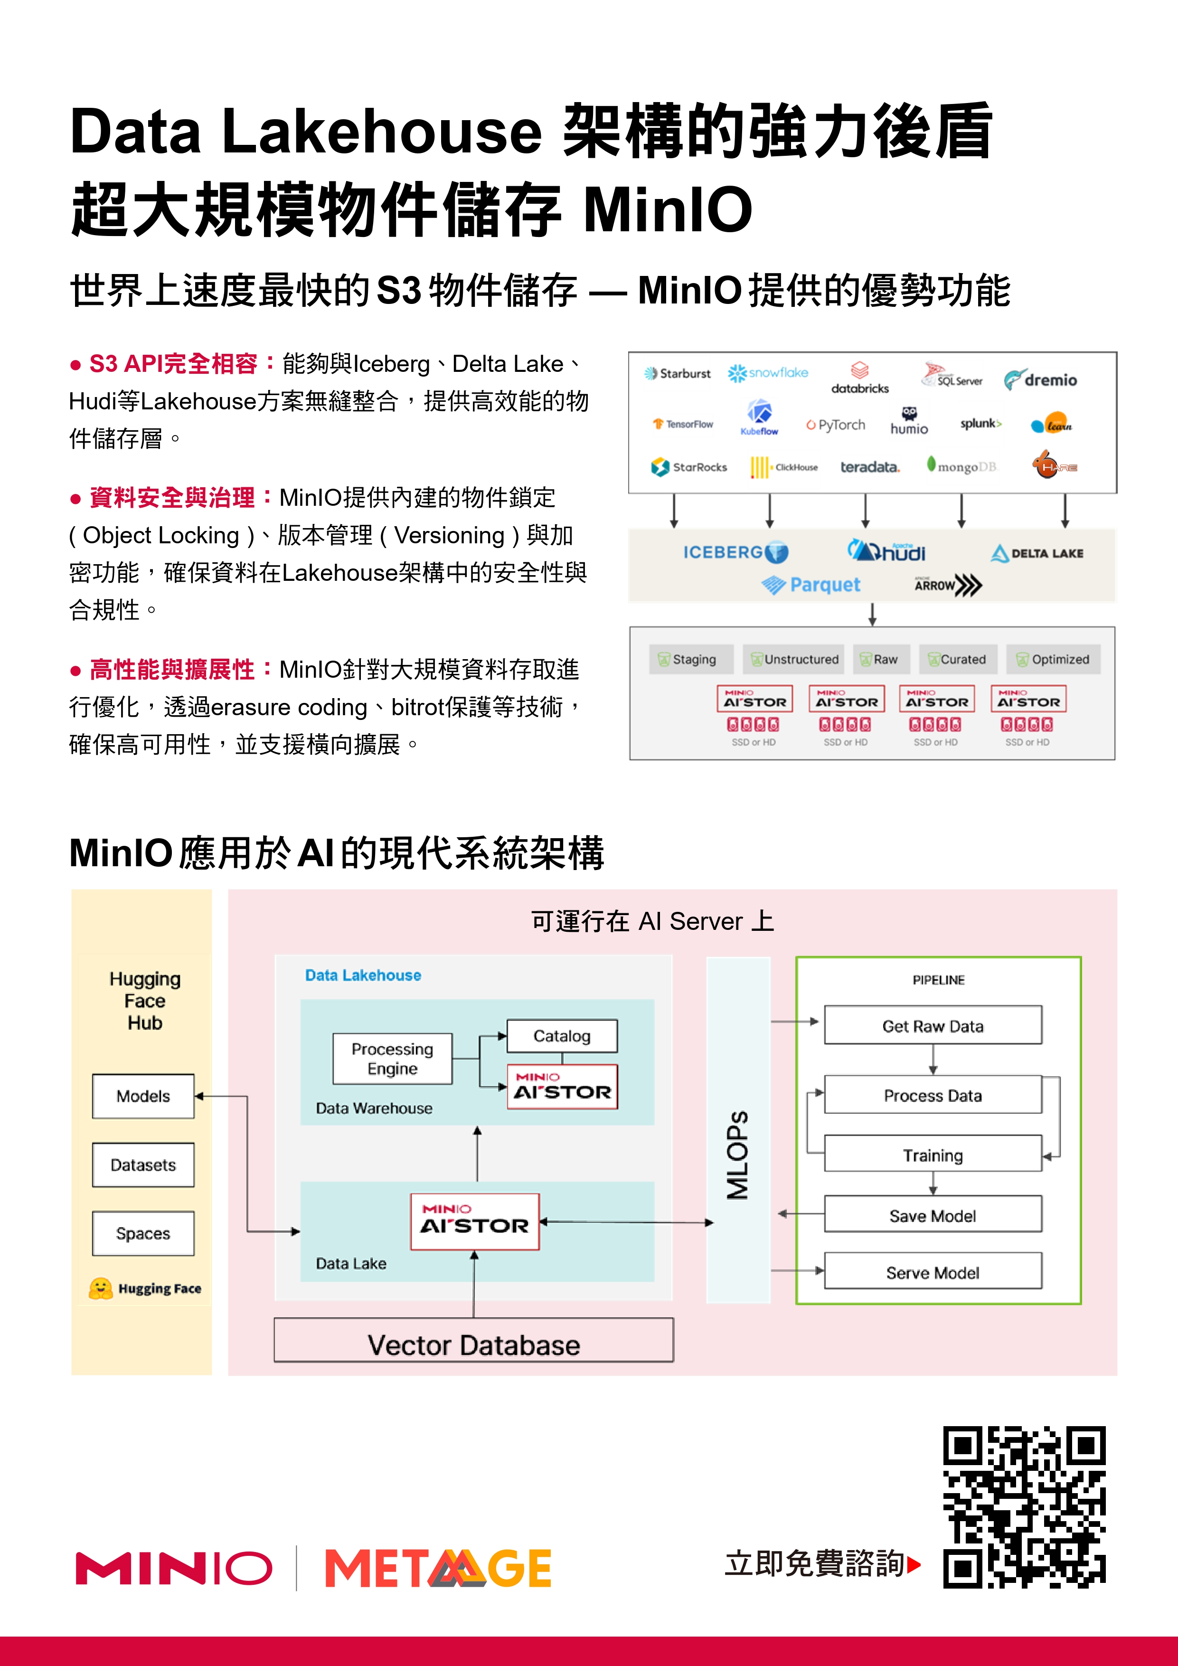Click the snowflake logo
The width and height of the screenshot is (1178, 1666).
768,373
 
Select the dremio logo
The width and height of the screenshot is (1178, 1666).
1040,379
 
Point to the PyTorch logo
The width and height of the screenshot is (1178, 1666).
836,425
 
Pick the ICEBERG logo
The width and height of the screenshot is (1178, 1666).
735,552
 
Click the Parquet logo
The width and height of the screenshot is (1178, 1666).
811,585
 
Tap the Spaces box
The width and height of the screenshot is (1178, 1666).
143,1233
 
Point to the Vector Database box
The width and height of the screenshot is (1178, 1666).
474,1344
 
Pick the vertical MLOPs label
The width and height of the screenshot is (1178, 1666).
738,1154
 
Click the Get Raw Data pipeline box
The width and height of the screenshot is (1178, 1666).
933,1025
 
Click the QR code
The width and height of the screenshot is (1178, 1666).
1024,1507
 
